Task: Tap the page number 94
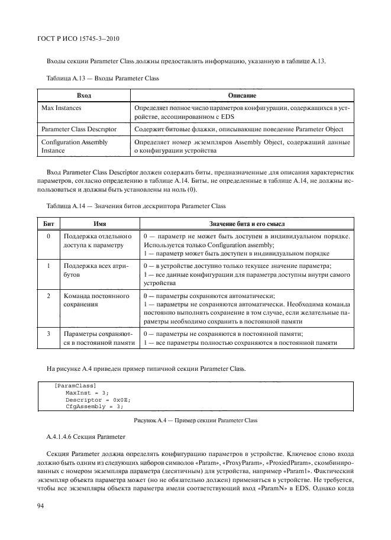42,505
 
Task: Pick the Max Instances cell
62,109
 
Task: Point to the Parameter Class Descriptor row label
79,128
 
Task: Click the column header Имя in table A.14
99,222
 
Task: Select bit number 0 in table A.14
49,237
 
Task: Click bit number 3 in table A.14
49,334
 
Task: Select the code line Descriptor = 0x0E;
97,399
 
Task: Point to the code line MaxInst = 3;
88,393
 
